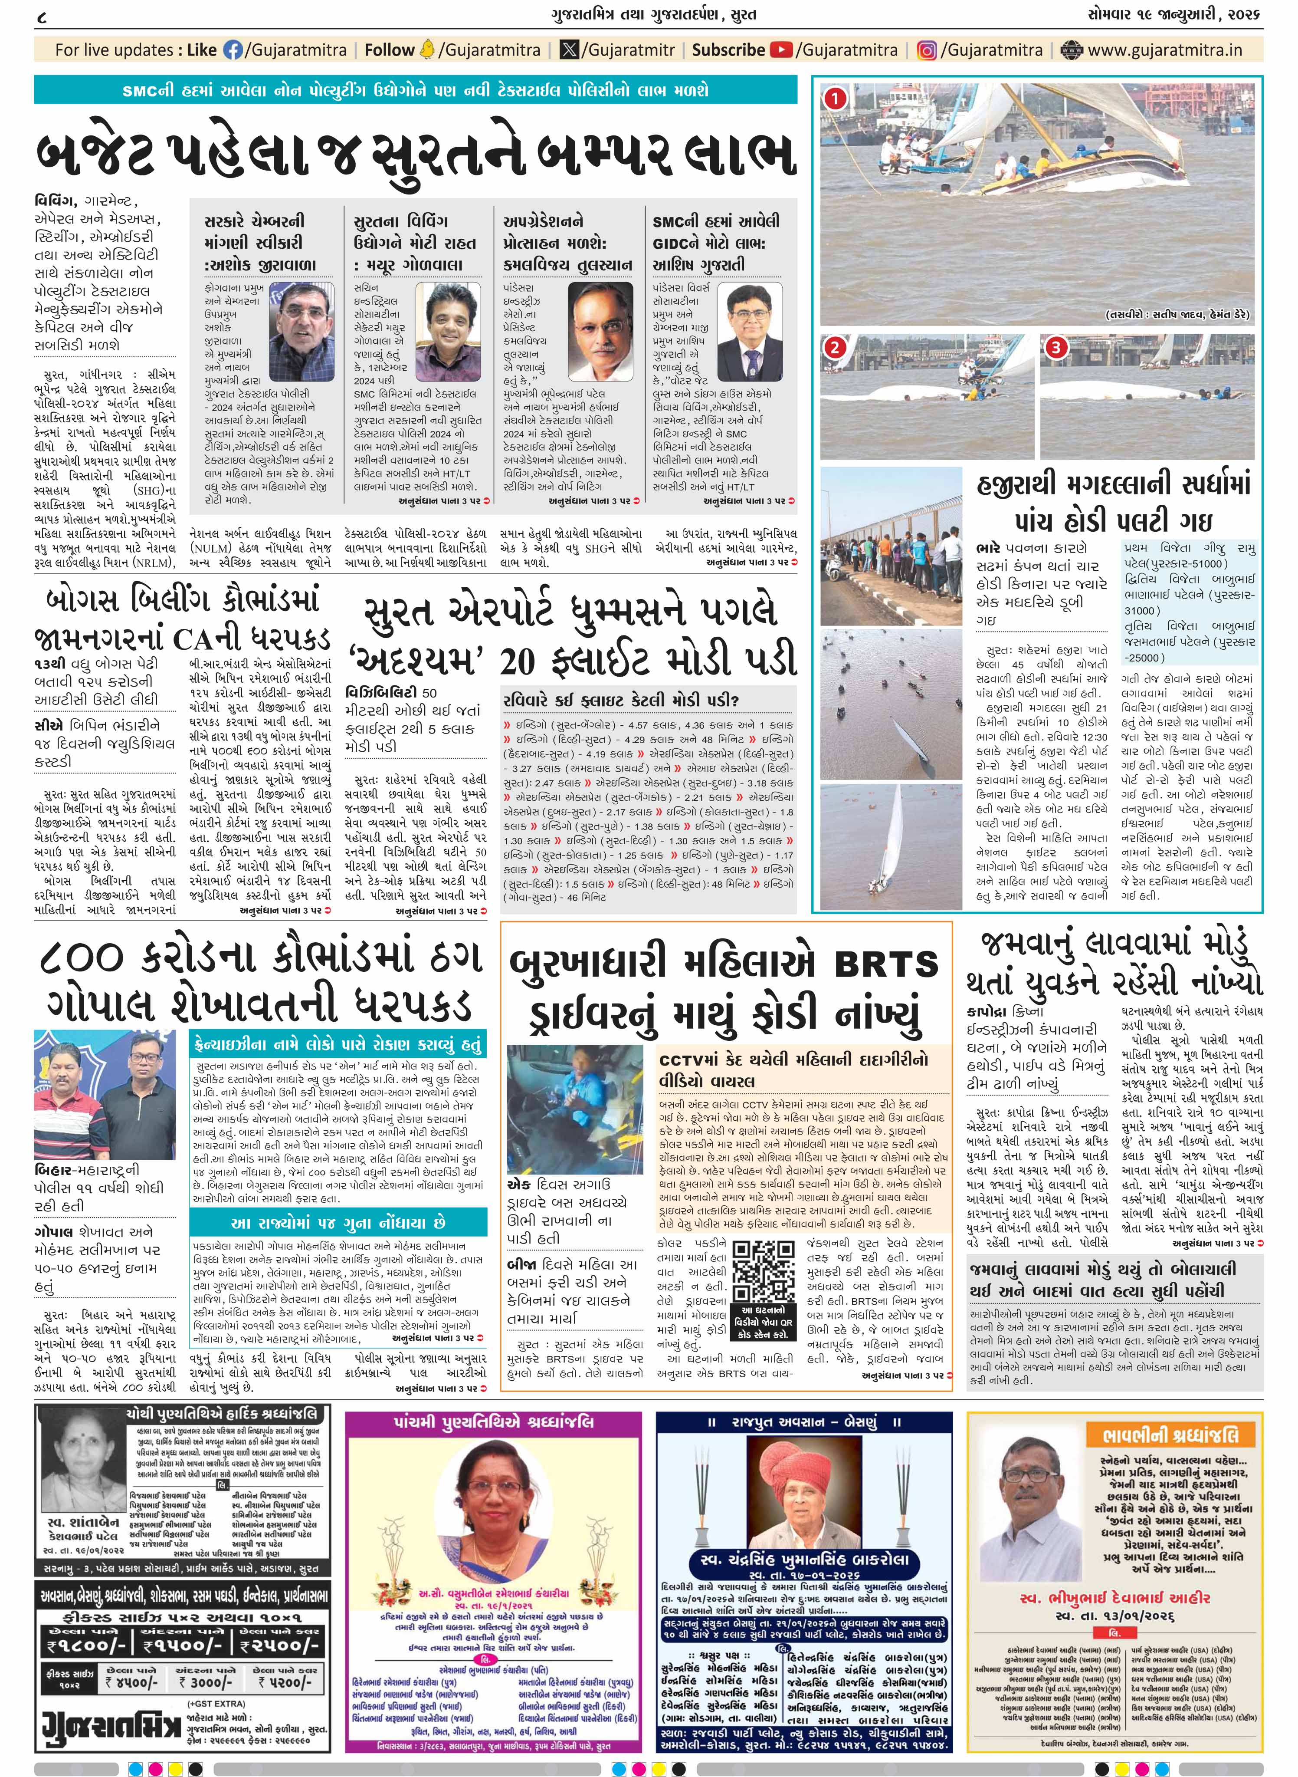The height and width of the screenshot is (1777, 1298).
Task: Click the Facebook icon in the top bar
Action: point(233,50)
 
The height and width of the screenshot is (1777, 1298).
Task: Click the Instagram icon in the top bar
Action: point(927,50)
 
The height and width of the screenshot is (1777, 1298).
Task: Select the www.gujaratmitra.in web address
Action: point(1164,50)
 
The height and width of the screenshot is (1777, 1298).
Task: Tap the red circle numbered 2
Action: point(834,347)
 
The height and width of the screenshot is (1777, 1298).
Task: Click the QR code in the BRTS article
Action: point(763,1271)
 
